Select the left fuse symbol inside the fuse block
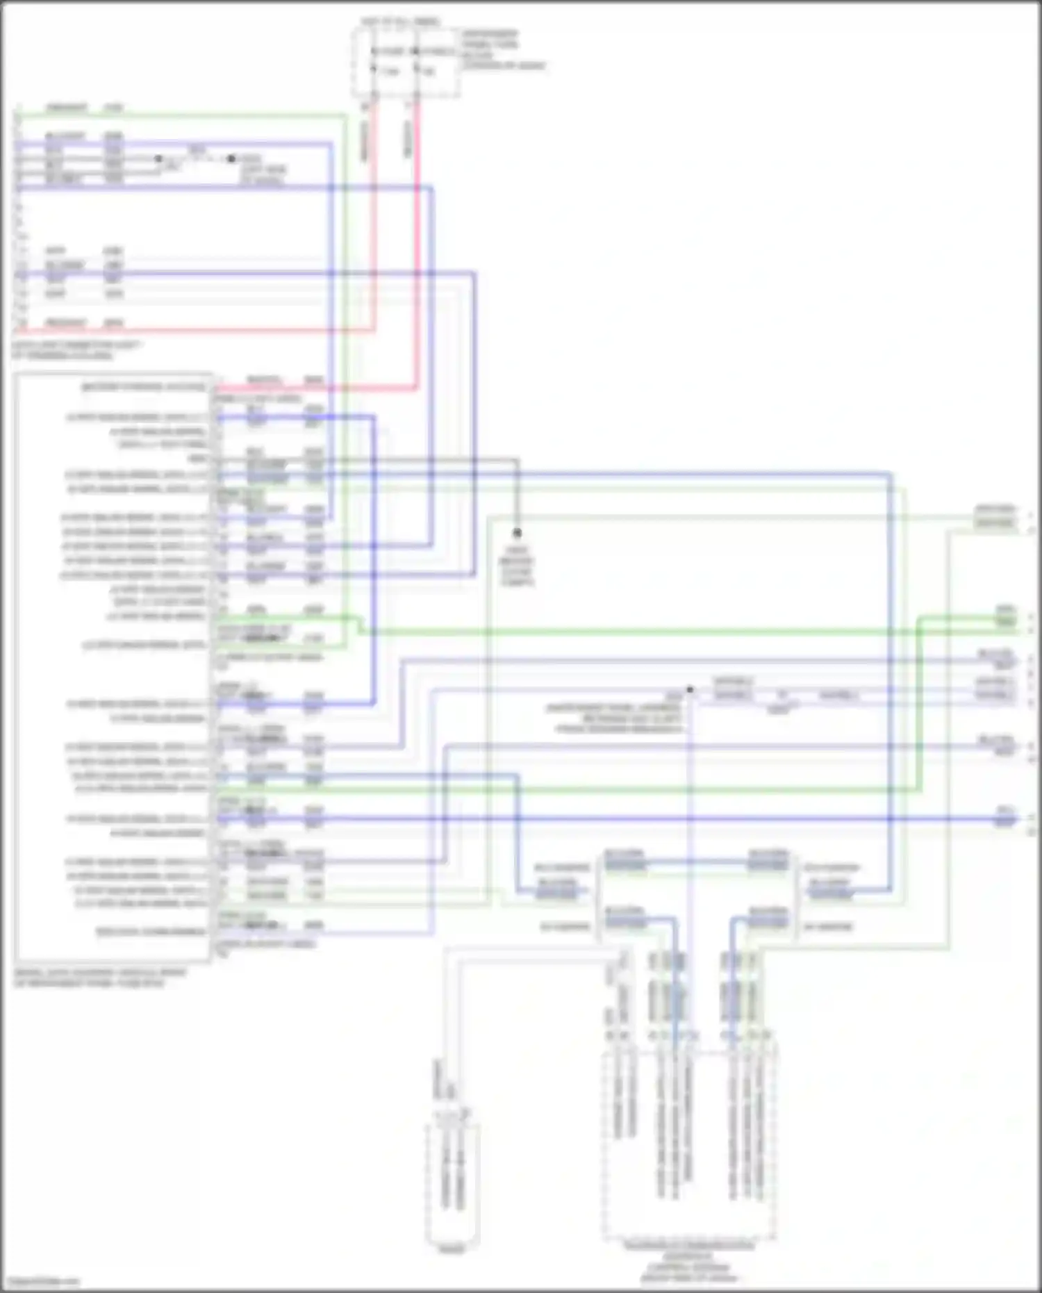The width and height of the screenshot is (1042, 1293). tap(374, 61)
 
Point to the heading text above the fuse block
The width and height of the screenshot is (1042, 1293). tap(400, 22)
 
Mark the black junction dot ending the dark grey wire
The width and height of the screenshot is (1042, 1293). tap(517, 533)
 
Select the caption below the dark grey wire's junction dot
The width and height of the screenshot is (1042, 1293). tap(517, 566)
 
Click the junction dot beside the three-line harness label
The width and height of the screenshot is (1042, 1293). tap(690, 690)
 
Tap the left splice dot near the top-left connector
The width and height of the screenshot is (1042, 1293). tap(158, 159)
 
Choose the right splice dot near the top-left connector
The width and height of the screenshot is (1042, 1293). tap(231, 159)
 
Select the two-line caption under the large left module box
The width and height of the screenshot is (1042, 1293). tap(90, 978)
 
